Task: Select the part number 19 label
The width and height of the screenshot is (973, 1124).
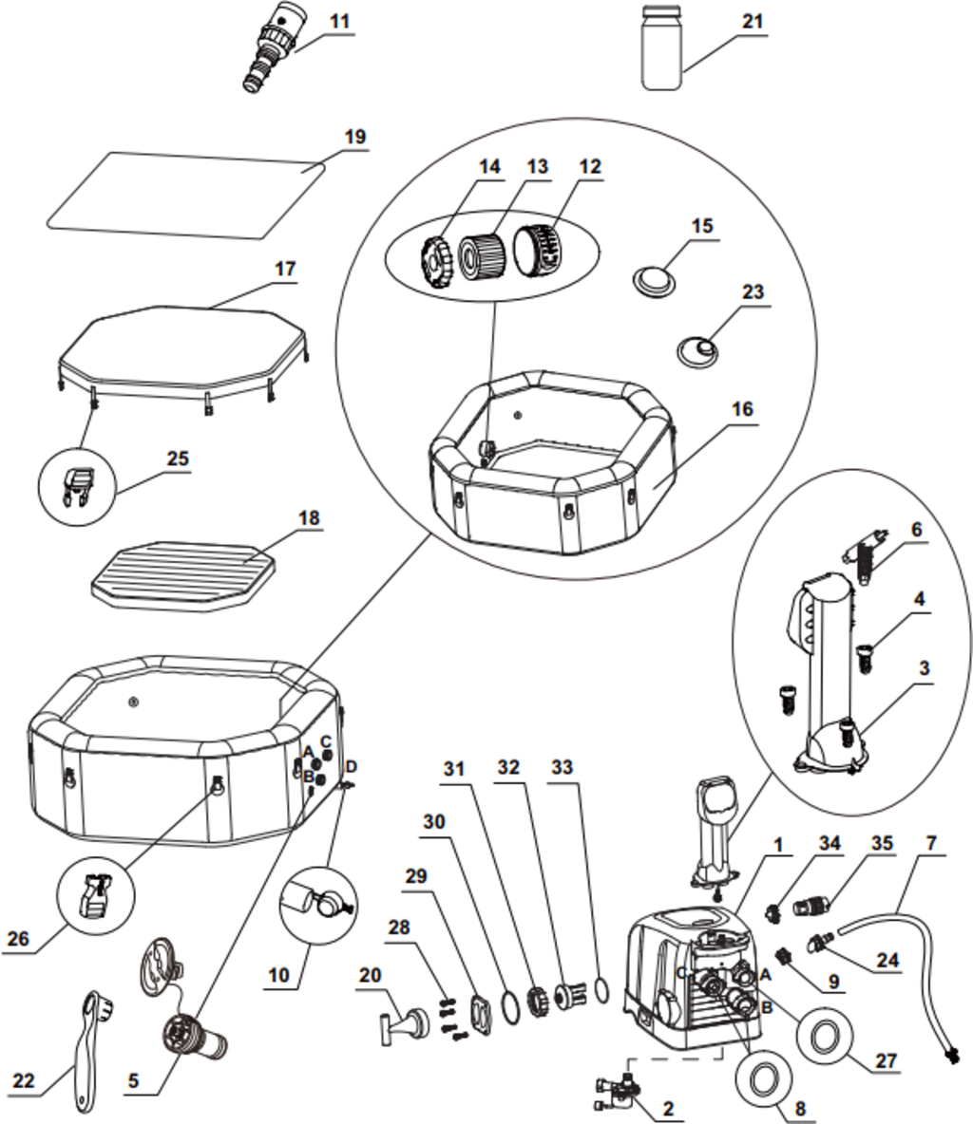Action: click(x=354, y=137)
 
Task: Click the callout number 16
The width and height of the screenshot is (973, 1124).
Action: click(x=742, y=409)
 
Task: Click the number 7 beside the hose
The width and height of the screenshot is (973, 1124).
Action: click(x=931, y=843)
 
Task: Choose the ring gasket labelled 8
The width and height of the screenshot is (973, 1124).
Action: click(x=762, y=1079)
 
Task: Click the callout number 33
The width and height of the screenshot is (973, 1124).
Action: click(x=563, y=766)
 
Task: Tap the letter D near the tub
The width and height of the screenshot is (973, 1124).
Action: click(x=351, y=765)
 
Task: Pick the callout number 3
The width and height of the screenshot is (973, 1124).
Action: click(x=923, y=667)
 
